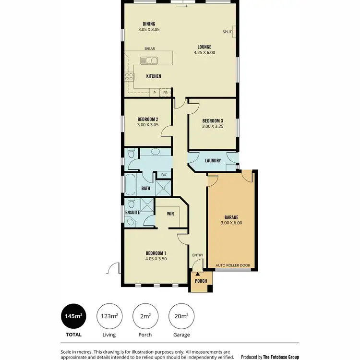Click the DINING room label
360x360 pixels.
[149, 24]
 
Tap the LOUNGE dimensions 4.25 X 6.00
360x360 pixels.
[204, 53]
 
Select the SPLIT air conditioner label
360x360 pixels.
[227, 32]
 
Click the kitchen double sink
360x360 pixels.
[149, 60]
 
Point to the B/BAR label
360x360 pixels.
[150, 49]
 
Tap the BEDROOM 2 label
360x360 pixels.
[147, 120]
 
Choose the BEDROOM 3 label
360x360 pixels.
[213, 120]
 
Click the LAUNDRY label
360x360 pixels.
[213, 161]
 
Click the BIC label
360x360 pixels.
[164, 175]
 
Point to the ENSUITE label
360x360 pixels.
[132, 212]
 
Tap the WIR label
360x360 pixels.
[170, 213]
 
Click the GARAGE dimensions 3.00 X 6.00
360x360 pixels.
[231, 223]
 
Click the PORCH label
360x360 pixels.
[201, 281]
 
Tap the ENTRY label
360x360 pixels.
[198, 255]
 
